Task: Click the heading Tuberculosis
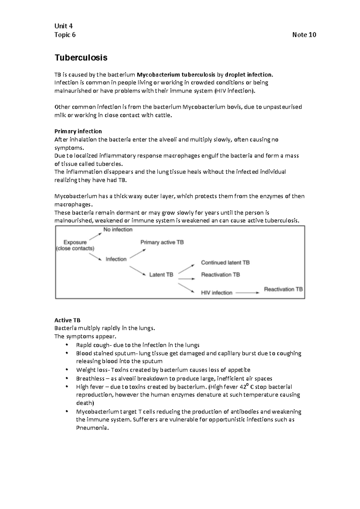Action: tap(81, 58)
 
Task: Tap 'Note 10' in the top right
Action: tap(304, 35)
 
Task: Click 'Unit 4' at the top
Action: tap(64, 26)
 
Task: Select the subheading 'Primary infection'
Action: tap(78, 131)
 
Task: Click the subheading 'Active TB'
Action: tap(67, 320)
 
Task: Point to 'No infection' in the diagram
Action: tap(118, 230)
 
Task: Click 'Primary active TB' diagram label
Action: tap(162, 242)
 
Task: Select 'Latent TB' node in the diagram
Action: tap(161, 275)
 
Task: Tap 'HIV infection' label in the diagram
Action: tap(217, 293)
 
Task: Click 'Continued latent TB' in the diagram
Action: tap(225, 263)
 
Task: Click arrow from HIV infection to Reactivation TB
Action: tap(247, 293)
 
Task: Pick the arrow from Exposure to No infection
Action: tap(95, 237)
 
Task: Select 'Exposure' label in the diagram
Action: tap(75, 242)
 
